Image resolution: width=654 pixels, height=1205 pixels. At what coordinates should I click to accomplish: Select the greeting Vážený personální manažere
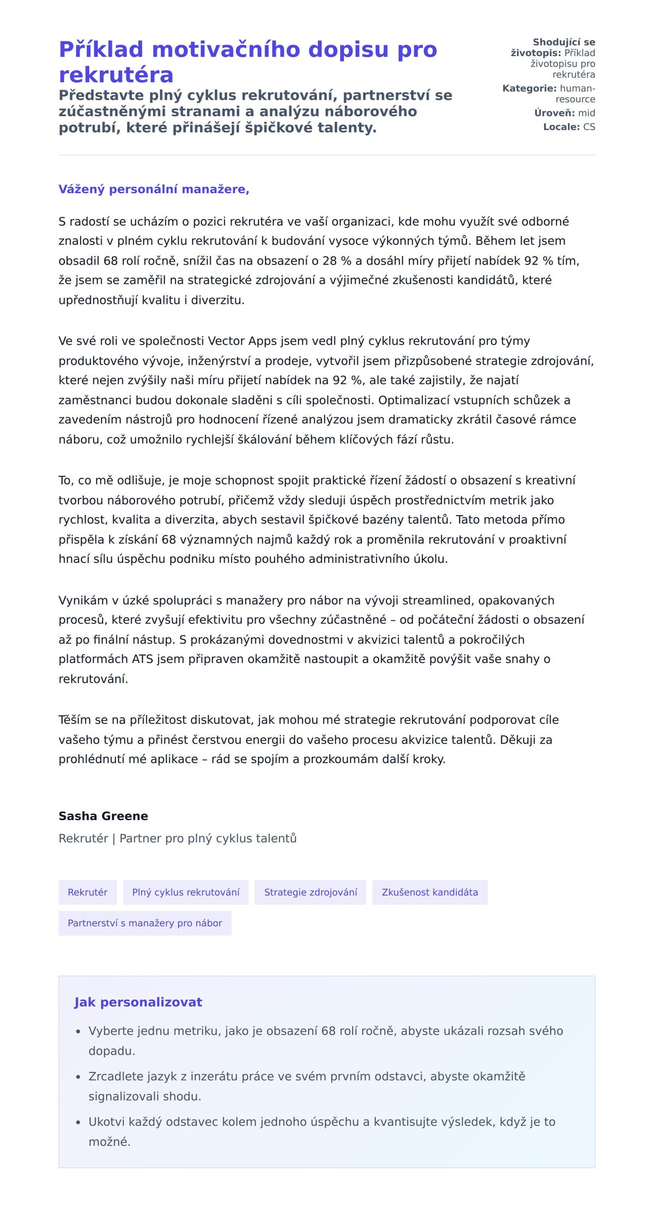pyautogui.click(x=154, y=189)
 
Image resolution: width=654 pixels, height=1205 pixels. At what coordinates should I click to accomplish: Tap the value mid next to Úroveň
pyautogui.click(x=586, y=113)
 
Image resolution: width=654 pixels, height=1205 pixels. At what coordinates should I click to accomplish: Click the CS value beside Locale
pyautogui.click(x=589, y=127)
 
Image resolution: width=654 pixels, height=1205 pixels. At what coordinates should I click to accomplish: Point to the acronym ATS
pyautogui.click(x=142, y=659)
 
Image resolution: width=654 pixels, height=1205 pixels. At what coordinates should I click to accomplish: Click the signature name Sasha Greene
pyautogui.click(x=104, y=816)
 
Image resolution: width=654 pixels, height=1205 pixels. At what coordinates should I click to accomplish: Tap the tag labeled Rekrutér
pyautogui.click(x=88, y=892)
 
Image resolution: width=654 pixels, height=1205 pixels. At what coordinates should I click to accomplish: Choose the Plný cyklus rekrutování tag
pyautogui.click(x=186, y=892)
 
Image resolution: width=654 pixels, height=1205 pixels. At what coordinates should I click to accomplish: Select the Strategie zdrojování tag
pyautogui.click(x=311, y=892)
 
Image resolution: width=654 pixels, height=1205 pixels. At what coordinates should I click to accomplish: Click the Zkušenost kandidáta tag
pyautogui.click(x=429, y=892)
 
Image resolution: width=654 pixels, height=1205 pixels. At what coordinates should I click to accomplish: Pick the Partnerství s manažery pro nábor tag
pyautogui.click(x=145, y=923)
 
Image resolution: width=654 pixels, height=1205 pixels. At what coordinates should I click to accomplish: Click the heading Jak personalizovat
pyautogui.click(x=138, y=1002)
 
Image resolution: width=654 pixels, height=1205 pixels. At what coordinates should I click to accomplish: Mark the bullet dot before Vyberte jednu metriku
pyautogui.click(x=78, y=1032)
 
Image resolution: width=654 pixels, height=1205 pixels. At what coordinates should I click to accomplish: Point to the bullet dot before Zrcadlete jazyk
pyautogui.click(x=78, y=1077)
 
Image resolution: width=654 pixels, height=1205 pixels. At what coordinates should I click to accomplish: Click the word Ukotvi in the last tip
pyautogui.click(x=106, y=1122)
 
